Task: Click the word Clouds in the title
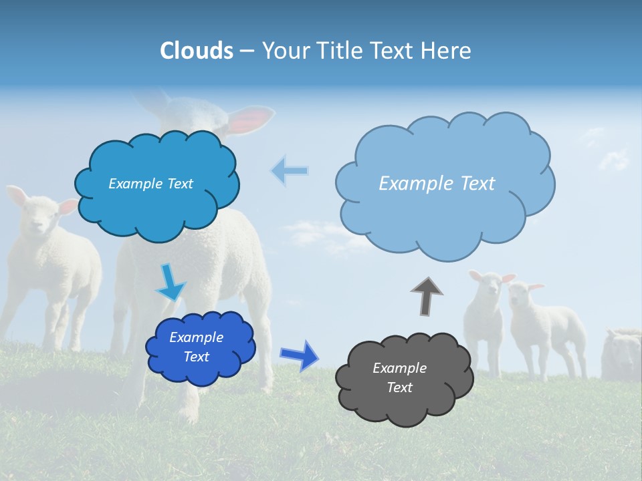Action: (197, 51)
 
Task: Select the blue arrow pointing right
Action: (299, 355)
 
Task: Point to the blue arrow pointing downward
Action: (170, 283)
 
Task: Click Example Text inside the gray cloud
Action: (399, 377)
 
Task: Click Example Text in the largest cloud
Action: (437, 183)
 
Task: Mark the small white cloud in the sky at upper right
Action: (614, 159)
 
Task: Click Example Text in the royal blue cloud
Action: (196, 347)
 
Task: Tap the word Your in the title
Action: (285, 51)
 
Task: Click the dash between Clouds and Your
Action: (247, 51)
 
